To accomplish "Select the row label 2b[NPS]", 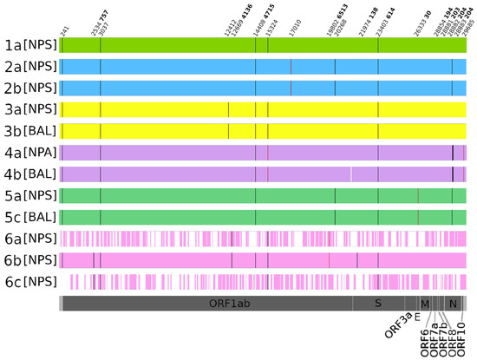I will point(29,88).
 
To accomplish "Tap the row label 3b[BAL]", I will point(29,131).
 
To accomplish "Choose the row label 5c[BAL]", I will point(29,216).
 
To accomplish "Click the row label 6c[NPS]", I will point(29,281).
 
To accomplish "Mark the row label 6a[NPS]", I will point(29,238).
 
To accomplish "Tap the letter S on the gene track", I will point(377,304).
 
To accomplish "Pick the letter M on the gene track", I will point(425,304).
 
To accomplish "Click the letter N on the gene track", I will point(452,304).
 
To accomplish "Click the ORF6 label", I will point(425,341).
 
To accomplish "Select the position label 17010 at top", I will point(293,27).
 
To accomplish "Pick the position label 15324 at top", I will point(271,27).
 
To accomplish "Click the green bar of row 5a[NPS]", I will point(260,195).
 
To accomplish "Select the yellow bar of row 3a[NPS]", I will point(260,109).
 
